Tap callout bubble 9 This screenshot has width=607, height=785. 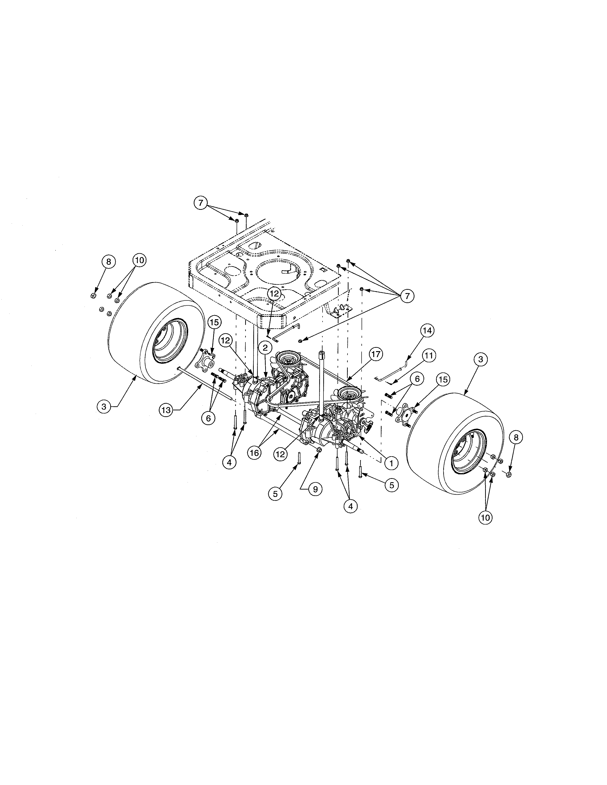tap(315, 489)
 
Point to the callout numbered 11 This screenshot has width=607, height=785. tap(428, 356)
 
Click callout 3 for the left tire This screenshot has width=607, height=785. tap(104, 407)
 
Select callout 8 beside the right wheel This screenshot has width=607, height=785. tap(516, 438)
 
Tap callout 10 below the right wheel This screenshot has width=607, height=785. tap(485, 518)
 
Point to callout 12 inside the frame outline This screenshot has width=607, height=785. tap(274, 293)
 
